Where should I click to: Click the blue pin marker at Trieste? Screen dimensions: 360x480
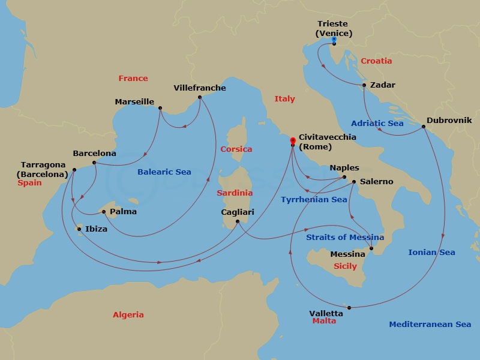point(334,40)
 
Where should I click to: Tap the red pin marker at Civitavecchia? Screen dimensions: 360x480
point(292,140)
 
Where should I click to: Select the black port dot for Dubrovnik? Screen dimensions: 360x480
point(424,127)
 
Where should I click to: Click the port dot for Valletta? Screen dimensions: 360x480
point(349,308)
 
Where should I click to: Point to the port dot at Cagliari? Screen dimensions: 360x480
point(238,222)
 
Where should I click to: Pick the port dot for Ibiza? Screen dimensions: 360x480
point(79,229)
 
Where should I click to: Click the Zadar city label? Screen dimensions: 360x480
point(383,85)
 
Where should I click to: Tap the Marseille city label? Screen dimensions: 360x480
point(134,102)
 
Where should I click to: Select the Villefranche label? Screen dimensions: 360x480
point(200,88)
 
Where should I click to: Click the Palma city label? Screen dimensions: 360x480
point(124,212)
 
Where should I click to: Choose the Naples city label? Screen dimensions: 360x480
point(344,168)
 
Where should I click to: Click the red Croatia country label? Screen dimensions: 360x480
point(376,61)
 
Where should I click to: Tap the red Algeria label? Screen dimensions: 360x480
point(128,315)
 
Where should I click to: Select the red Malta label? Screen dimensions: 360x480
point(324,321)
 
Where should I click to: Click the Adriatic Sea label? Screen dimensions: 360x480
point(377,124)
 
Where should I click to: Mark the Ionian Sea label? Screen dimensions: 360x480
point(431,253)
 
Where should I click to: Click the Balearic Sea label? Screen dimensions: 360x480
point(164,172)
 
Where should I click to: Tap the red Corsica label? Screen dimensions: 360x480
point(236,149)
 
